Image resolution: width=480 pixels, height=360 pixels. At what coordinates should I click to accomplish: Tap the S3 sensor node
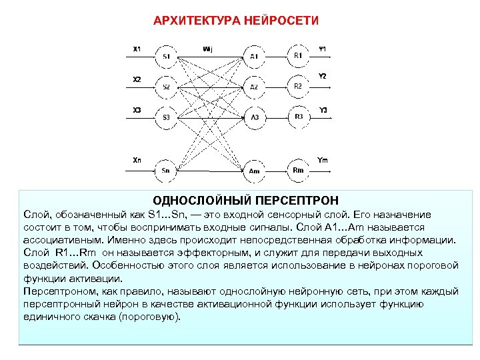pos(166,117)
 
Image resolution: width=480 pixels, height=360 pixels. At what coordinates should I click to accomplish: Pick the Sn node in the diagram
pos(166,170)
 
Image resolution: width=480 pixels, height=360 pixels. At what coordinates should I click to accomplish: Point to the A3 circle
pos(254,117)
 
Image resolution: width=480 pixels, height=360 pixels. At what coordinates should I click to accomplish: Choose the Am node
pos(254,170)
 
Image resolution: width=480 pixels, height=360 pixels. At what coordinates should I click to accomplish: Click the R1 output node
pos(298,55)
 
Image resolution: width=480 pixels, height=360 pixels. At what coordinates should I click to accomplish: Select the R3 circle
pos(298,117)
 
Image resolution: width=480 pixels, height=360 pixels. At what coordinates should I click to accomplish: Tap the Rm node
pos(298,169)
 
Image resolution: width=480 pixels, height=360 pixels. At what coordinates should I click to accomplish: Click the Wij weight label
pos(208,48)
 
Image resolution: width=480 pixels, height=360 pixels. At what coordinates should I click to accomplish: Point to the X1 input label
pos(137,48)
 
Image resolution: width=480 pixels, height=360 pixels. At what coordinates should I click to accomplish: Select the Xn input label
pos(137,160)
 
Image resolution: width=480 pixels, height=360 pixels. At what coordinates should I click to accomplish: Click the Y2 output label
pos(323,76)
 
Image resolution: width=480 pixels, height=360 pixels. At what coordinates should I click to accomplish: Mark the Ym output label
pos(323,159)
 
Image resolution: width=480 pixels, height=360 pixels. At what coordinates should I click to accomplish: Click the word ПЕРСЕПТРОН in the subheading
pos(304,200)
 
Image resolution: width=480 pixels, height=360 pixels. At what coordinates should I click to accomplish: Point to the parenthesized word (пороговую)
pos(148,317)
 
